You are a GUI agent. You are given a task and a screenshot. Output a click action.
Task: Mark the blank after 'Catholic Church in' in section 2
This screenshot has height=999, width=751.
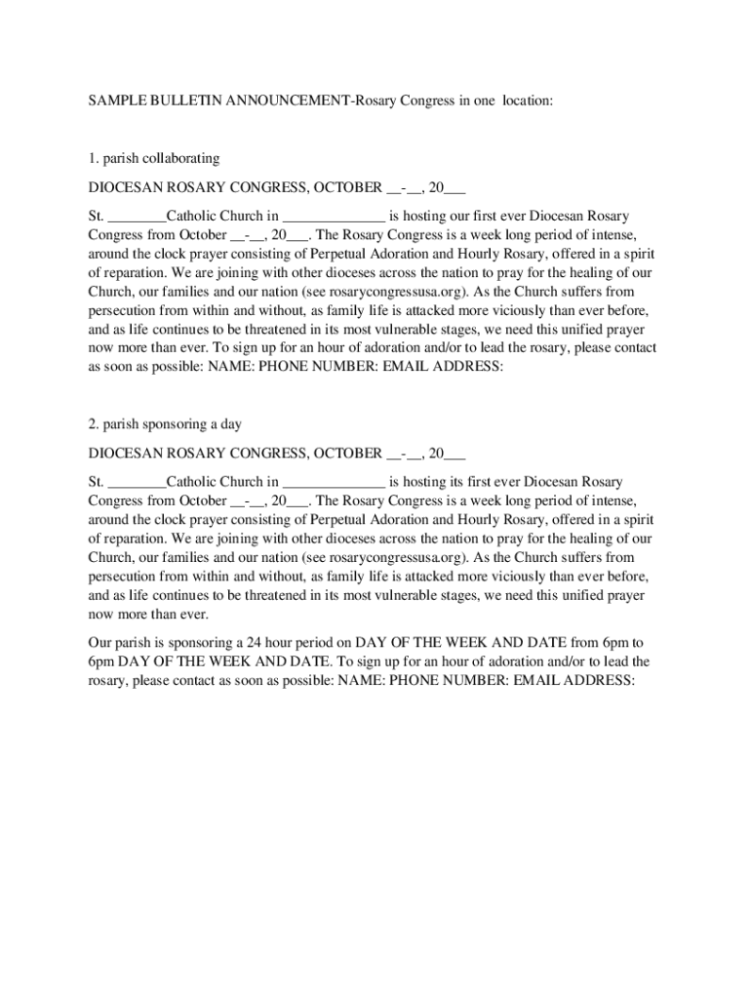tap(335, 482)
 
